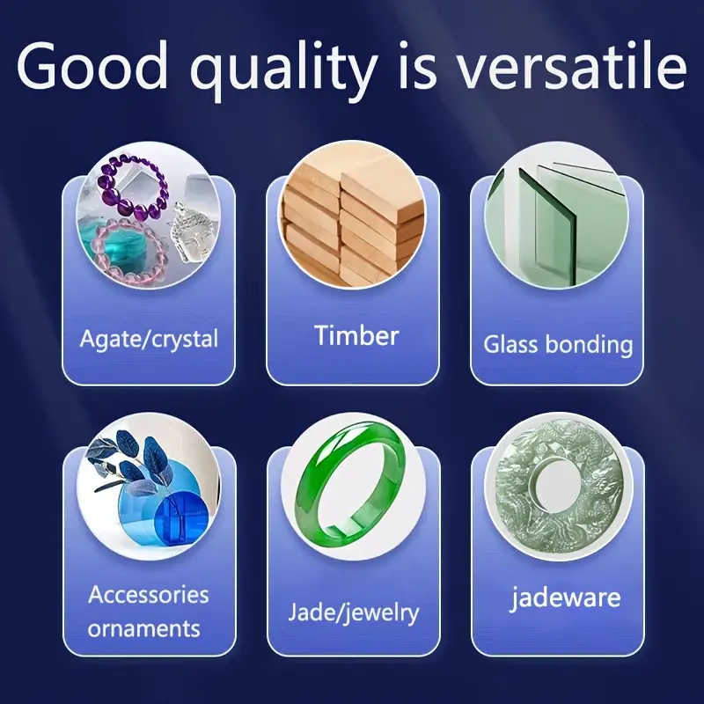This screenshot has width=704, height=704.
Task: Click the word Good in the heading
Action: tap(92, 66)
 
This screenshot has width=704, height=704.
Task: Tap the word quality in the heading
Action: tap(283, 70)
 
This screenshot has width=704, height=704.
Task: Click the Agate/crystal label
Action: tap(149, 339)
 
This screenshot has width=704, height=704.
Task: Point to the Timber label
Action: tap(356, 335)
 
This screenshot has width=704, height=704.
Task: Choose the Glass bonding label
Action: tap(558, 345)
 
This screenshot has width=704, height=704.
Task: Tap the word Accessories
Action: tap(149, 595)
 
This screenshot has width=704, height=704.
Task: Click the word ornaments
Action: tap(143, 628)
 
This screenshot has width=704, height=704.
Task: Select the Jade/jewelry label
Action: tap(354, 612)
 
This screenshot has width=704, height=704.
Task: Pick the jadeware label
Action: tap(565, 598)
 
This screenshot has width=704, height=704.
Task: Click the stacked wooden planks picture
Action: tap(351, 215)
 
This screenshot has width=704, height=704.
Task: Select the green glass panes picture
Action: tap(556, 215)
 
